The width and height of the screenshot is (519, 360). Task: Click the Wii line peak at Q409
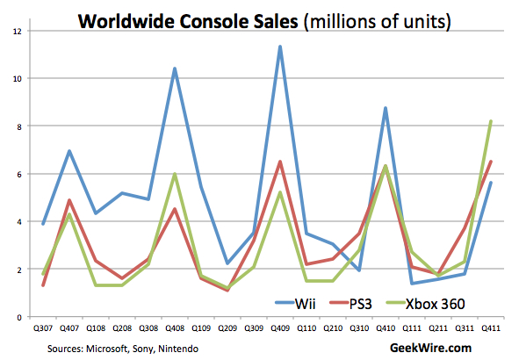click(280, 47)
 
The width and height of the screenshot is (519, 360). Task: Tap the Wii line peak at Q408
click(175, 68)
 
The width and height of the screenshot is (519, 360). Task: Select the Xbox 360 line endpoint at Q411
click(489, 121)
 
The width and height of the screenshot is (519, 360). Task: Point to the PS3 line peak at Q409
click(280, 162)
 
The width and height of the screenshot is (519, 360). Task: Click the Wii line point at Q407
click(69, 151)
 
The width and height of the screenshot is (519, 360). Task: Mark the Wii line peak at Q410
click(385, 108)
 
